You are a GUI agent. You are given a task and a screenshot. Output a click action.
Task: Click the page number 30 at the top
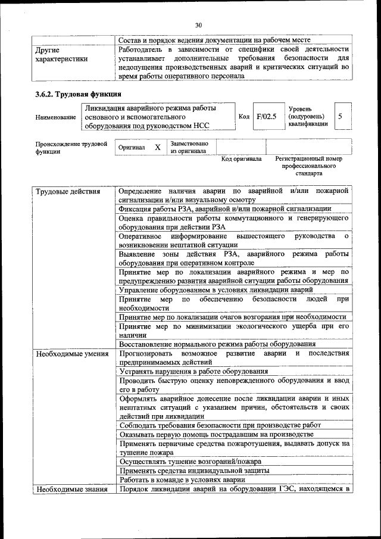point(198,25)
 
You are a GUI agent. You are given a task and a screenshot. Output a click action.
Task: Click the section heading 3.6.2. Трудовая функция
point(79,94)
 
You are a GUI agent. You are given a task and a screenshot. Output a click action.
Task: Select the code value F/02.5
point(266,117)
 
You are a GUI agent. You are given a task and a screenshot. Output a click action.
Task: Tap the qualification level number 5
point(340,117)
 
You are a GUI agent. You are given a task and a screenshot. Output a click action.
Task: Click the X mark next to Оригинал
point(158,147)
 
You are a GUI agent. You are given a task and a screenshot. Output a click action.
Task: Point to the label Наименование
point(55,117)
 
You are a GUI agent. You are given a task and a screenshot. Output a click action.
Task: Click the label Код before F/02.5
point(243,117)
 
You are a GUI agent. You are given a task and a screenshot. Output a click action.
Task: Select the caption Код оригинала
point(241,159)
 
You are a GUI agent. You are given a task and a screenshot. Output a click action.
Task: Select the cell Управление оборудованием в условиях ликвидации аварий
point(216,290)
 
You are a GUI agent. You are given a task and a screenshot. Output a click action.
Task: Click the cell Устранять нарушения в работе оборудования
point(193,371)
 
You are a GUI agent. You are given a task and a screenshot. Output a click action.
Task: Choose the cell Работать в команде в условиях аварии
point(182,479)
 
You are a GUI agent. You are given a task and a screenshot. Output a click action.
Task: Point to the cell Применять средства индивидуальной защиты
point(194,470)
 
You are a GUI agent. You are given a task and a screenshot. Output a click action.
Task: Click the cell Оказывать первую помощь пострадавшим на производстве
point(216,434)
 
